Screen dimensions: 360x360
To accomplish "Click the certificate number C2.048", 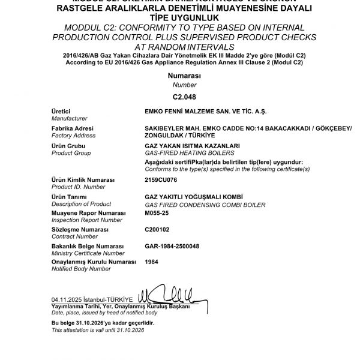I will pos(179,96).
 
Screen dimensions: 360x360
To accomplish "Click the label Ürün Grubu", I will pos(68,145).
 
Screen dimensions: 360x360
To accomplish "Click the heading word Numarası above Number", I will pos(179,76).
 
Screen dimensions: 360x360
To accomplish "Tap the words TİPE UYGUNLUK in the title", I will pos(179,19).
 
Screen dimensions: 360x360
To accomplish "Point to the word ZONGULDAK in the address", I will pos(163,136).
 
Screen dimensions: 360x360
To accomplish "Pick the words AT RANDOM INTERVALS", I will pos(179,47).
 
